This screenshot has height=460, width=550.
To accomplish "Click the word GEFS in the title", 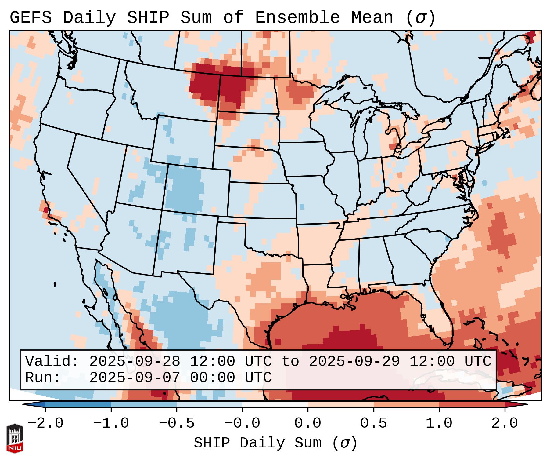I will pos(31,18).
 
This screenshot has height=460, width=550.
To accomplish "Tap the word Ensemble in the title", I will pos(297,18).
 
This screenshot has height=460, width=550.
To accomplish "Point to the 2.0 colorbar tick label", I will pos(505,423).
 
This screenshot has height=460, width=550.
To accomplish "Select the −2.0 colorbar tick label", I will pos(45,423).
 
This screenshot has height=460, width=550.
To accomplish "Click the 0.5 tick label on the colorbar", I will pos(373,423).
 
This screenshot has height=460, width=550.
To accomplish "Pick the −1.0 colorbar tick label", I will pos(111,423).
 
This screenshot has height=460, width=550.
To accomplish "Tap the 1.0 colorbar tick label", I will pos(439,423).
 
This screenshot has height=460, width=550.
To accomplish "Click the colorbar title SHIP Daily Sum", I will pos(257,443).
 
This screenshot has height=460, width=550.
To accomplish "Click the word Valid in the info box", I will pos(52,362).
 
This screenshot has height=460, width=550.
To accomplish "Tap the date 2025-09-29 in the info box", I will pos(354,362).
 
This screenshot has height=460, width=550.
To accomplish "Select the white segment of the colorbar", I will pos(275,404).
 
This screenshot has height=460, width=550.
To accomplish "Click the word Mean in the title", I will pos(372,18).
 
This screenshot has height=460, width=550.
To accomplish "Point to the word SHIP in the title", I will pos(148,18).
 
